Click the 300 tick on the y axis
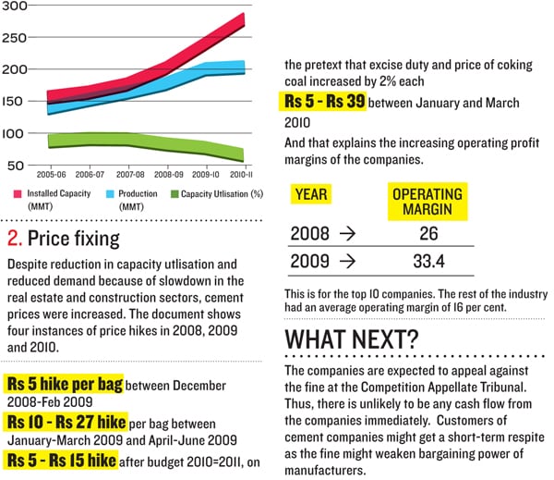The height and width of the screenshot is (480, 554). (x=16, y=7)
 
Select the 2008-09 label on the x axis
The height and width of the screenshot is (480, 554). (x=169, y=174)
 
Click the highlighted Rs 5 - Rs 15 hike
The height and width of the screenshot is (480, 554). (x=61, y=460)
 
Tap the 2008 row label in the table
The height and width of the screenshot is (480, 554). (x=309, y=231)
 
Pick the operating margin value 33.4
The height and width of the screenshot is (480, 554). (x=428, y=263)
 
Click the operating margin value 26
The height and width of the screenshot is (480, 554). (x=427, y=231)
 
